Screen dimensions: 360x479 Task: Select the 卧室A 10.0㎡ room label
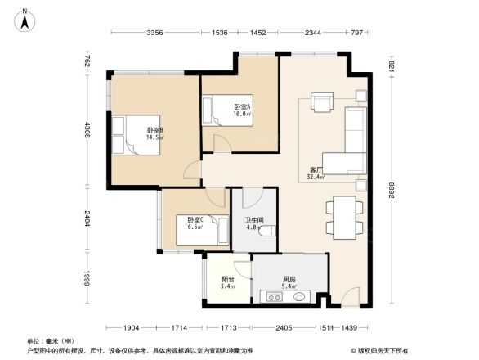(243, 111)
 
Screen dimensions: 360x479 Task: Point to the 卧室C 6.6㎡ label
(195, 223)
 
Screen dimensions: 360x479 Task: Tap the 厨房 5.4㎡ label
(289, 283)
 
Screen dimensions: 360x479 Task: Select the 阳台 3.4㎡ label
(228, 283)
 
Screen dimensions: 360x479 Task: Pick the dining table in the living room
(342, 216)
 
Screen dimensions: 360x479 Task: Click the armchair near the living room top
(323, 103)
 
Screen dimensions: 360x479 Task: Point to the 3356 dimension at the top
(155, 32)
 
